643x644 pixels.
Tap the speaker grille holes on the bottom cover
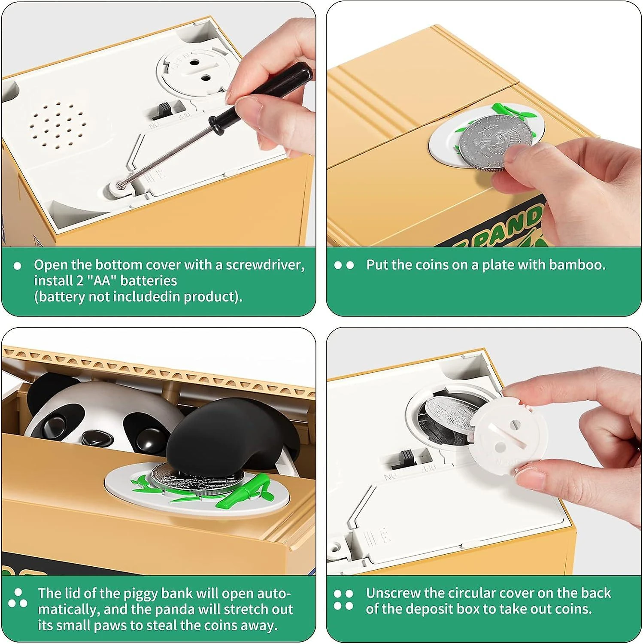click(x=57, y=125)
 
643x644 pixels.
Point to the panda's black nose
click(x=96, y=438)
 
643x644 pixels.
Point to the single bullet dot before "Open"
click(x=17, y=266)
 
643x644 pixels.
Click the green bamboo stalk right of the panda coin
click(x=245, y=489)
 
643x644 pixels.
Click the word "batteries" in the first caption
click(x=149, y=281)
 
